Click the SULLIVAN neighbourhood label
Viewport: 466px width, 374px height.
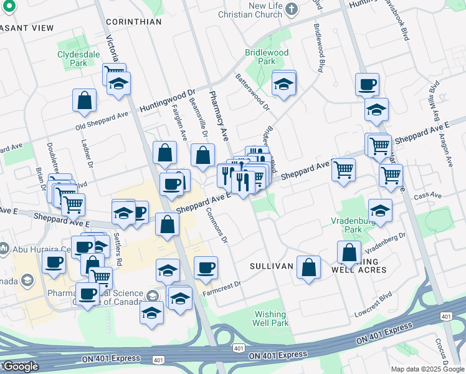[x=271, y=266]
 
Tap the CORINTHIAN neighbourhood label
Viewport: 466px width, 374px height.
[x=133, y=22]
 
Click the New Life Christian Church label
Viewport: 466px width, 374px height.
[x=266, y=10]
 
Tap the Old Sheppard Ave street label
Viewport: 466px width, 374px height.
[x=102, y=120]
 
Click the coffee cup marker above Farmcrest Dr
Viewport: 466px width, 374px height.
[x=205, y=267]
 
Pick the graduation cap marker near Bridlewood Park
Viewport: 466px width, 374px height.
[x=283, y=84]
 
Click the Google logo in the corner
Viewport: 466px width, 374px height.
[x=20, y=367]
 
